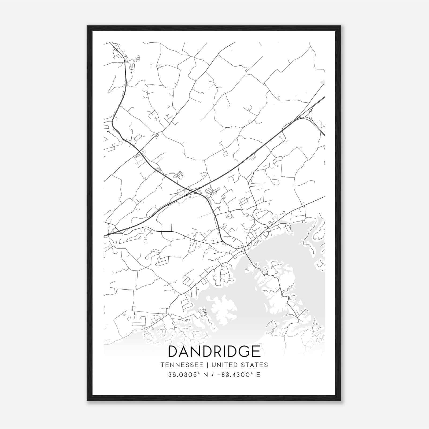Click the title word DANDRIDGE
pyautogui.click(x=214, y=352)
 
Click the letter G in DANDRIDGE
pyautogui.click(x=245, y=352)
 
